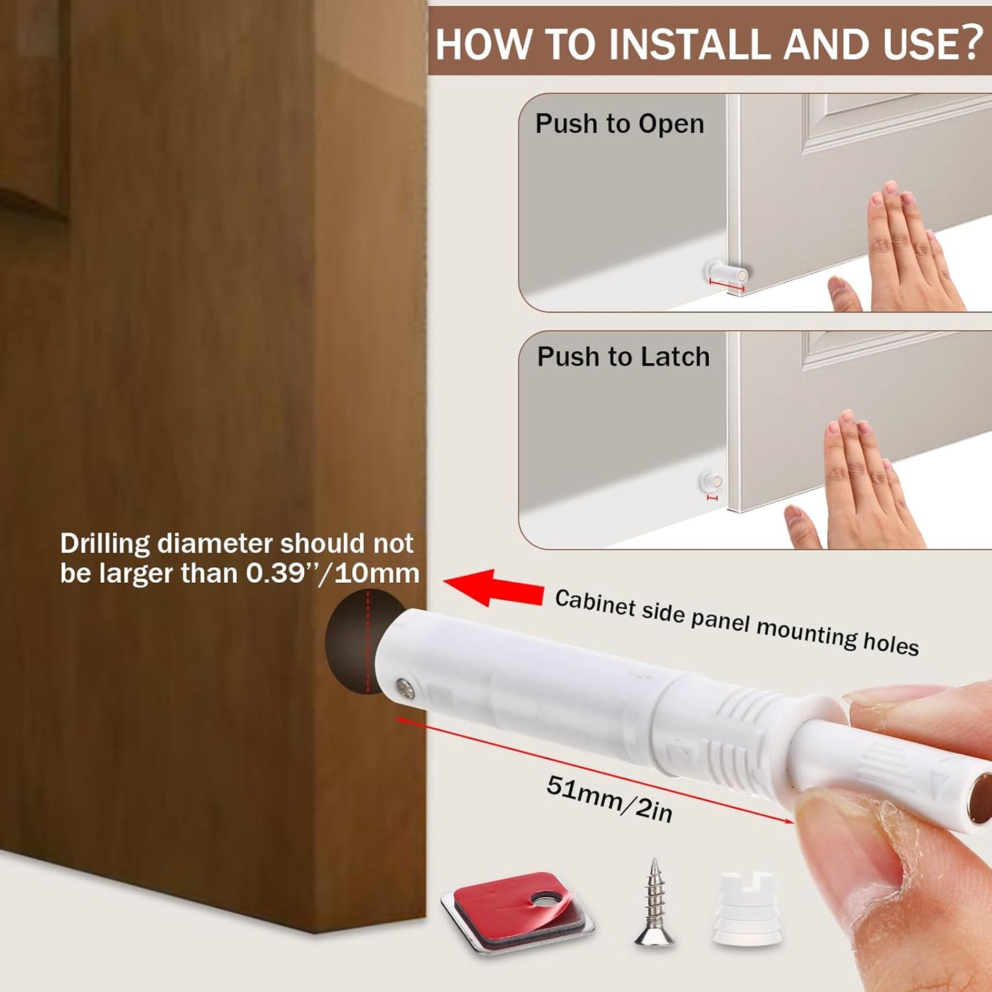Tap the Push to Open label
click(619, 124)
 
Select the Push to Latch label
click(623, 357)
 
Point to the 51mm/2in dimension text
click(609, 798)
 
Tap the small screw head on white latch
click(404, 687)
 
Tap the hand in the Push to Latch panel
click(858, 487)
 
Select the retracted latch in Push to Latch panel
click(711, 482)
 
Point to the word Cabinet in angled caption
click(595, 603)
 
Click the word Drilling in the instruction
click(104, 544)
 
